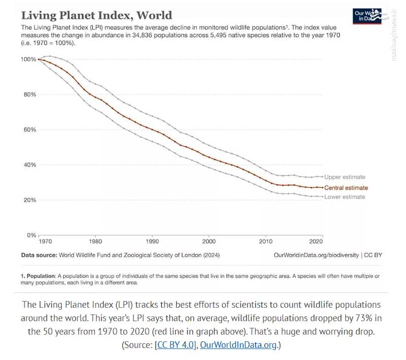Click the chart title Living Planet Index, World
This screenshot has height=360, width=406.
coord(96,15)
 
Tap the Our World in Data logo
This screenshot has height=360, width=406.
coord(366,16)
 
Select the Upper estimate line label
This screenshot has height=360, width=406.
coord(345,177)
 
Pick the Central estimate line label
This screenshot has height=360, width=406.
coord(346,188)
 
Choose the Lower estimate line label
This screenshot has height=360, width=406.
coord(345,197)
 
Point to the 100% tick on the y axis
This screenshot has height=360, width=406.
coord(28,59)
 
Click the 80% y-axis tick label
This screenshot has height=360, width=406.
coord(29,95)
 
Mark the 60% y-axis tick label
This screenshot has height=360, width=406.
coord(29,130)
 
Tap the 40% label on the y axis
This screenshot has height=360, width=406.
coord(29,165)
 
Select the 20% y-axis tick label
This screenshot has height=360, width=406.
coord(29,200)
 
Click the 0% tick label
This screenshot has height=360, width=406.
coord(31,235)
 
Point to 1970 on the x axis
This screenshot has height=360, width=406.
coord(45,242)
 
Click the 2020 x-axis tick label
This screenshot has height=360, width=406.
coord(316,242)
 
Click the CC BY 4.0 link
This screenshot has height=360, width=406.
coord(176,345)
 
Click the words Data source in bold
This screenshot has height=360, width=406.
coord(39,255)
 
